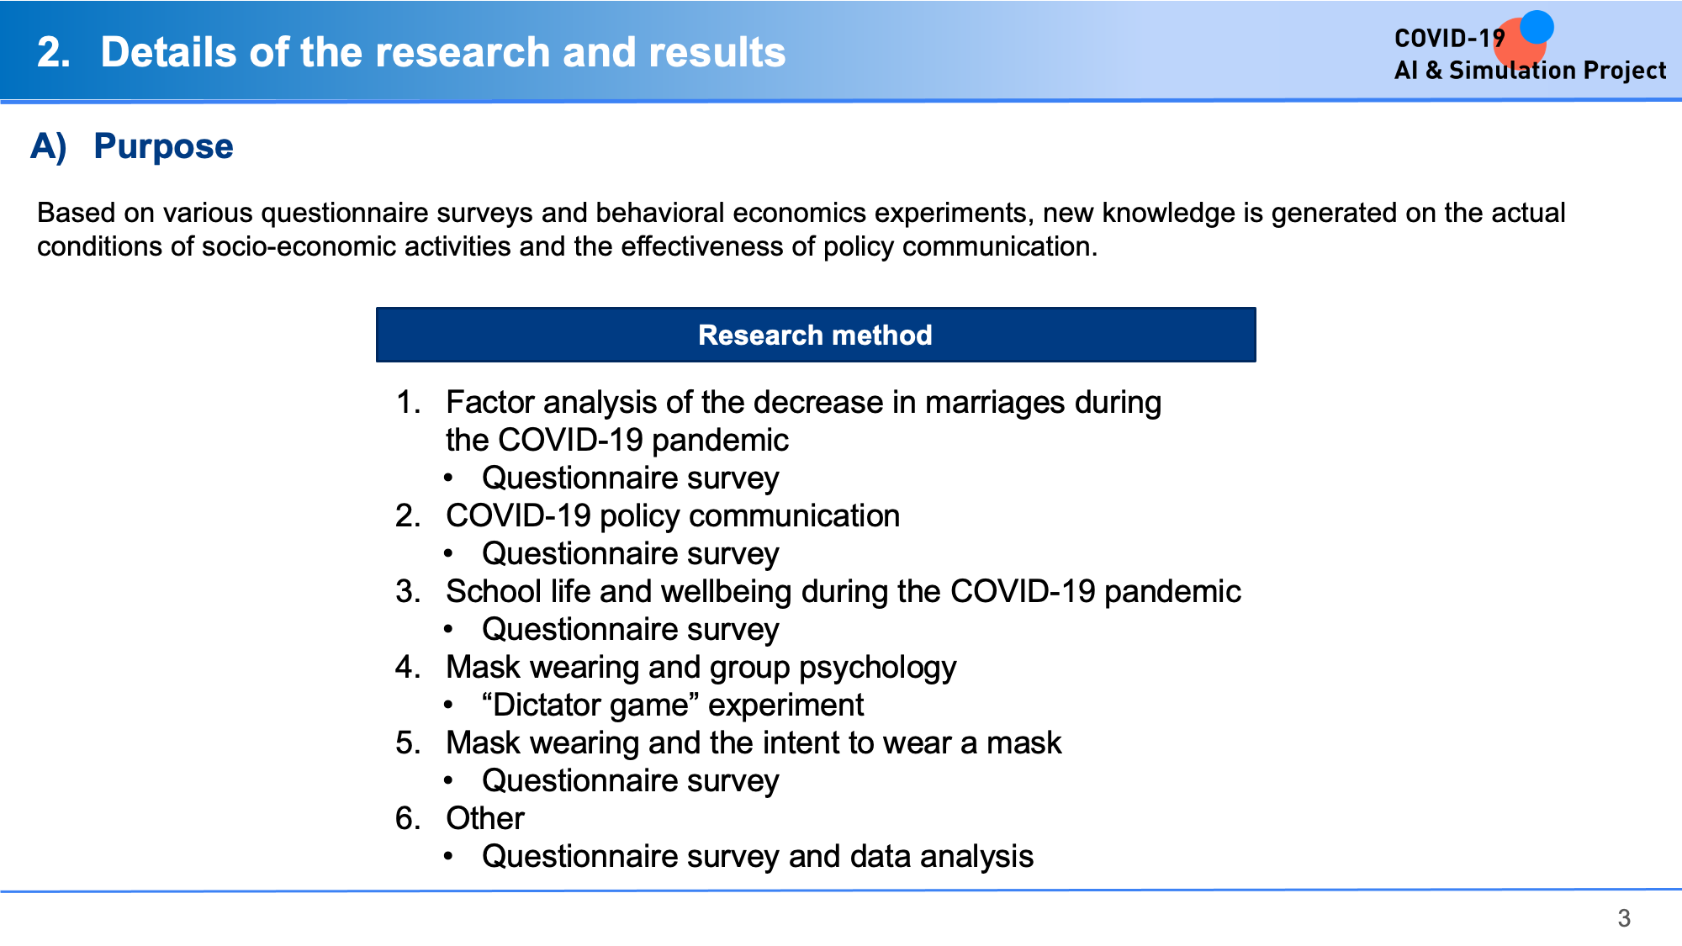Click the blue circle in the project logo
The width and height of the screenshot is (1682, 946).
point(1537,26)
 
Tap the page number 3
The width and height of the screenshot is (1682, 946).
point(1624,918)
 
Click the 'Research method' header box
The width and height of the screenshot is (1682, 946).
point(816,335)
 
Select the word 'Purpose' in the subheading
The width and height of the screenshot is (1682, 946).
point(163,146)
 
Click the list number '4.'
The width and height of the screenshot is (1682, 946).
point(408,667)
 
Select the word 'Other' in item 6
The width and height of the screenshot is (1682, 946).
point(485,818)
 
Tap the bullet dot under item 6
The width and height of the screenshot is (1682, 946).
point(449,857)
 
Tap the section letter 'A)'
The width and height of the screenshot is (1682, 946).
point(49,146)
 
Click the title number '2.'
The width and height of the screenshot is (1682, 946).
point(54,52)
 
